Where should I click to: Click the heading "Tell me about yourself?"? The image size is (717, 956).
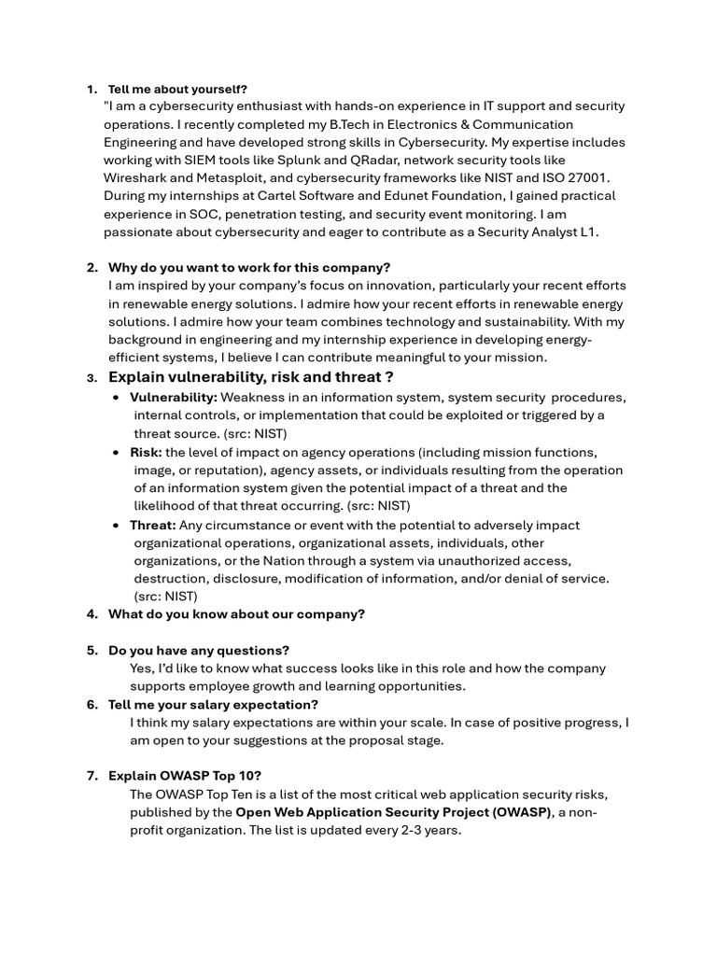177,89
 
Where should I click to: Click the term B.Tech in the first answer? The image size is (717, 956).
362,124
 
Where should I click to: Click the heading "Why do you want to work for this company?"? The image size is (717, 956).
249,267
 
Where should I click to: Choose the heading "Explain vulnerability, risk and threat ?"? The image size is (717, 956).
250,377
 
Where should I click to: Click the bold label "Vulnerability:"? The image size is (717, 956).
174,397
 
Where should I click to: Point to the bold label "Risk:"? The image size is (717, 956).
146,452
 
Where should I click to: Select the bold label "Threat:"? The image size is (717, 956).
152,525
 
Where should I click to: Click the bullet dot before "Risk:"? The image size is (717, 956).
115,453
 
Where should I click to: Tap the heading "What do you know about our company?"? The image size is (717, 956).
236,613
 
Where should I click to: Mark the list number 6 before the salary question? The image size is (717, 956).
92,704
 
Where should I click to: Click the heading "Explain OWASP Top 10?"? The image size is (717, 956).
185,776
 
